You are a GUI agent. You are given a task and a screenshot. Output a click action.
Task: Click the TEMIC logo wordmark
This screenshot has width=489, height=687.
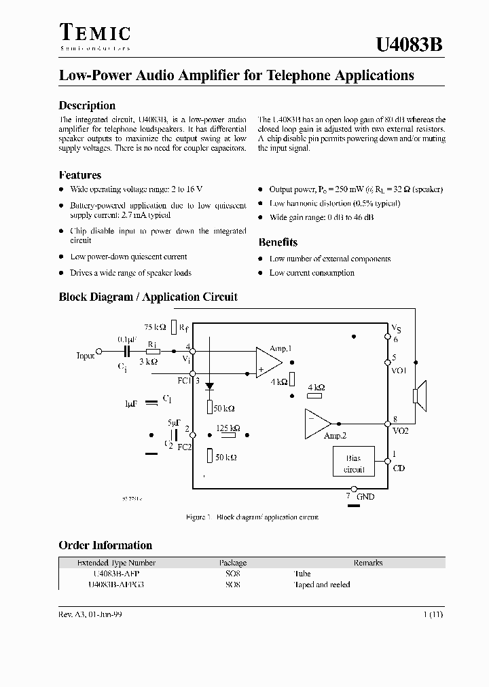pyautogui.click(x=95, y=33)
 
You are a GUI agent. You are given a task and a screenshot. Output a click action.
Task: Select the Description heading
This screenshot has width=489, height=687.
pyautogui.click(x=87, y=106)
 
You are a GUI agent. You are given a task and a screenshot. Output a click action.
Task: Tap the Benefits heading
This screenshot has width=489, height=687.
pyautogui.click(x=278, y=242)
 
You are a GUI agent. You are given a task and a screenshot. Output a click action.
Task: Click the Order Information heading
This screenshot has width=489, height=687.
pyautogui.click(x=105, y=546)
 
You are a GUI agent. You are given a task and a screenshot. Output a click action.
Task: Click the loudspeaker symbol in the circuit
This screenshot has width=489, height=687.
pyautogui.click(x=419, y=396)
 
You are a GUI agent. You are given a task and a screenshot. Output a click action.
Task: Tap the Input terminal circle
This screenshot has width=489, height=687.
pyautogui.click(x=98, y=352)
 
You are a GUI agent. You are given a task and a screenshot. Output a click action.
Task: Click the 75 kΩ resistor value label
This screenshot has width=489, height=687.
pyautogui.click(x=156, y=327)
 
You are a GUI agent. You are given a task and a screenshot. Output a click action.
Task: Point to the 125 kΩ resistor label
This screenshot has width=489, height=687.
pyautogui.click(x=228, y=428)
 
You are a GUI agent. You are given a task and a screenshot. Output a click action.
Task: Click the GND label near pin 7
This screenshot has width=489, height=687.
pyautogui.click(x=365, y=496)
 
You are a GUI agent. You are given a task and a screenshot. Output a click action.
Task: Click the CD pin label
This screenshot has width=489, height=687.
pyautogui.click(x=399, y=468)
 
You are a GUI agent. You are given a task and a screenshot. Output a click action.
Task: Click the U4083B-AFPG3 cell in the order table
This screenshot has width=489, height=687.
pyautogui.click(x=117, y=584)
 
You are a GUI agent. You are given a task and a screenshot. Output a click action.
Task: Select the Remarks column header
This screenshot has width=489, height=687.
pyautogui.click(x=368, y=563)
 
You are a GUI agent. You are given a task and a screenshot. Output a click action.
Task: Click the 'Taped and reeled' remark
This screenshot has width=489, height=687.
pyautogui.click(x=322, y=584)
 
